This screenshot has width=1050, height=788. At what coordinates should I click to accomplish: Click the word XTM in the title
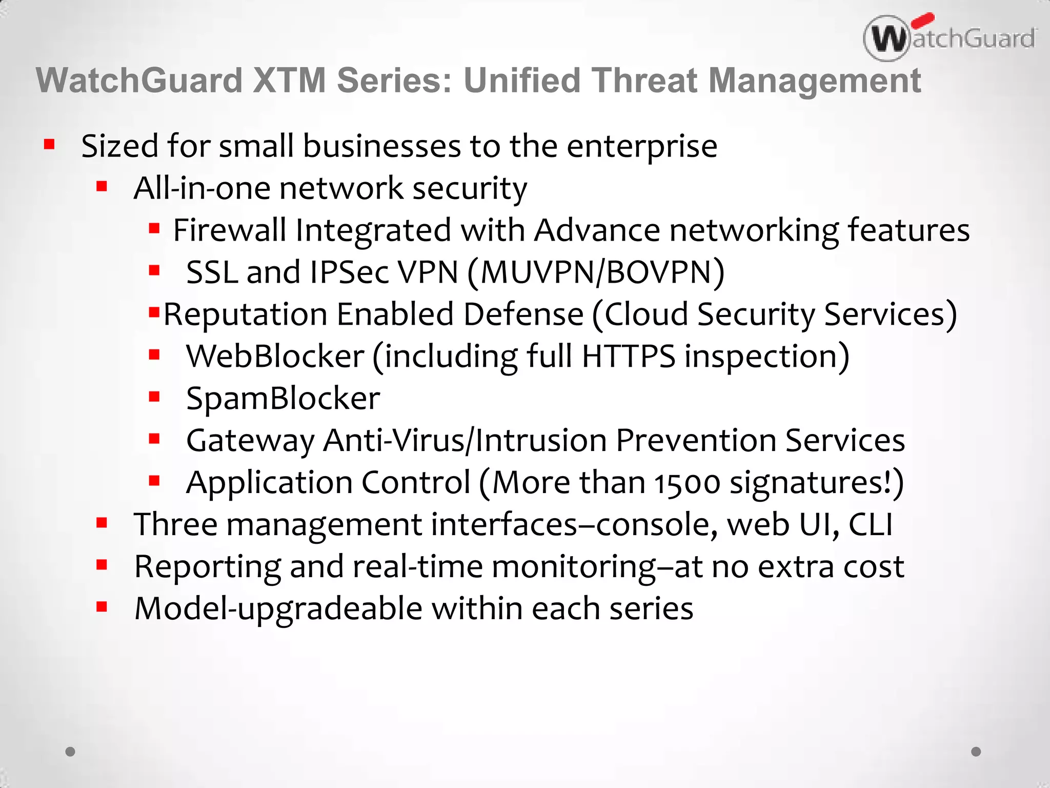pyautogui.click(x=290, y=81)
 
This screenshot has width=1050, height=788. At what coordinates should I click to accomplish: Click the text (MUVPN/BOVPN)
pyautogui.click(x=596, y=272)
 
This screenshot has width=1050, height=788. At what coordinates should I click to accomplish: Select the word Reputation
pyautogui.click(x=245, y=314)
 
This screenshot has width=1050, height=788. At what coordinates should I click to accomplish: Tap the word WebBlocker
pyautogui.click(x=275, y=357)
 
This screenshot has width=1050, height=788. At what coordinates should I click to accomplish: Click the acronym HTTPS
pyautogui.click(x=629, y=357)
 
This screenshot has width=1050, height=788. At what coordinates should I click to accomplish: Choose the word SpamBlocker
pyautogui.click(x=283, y=399)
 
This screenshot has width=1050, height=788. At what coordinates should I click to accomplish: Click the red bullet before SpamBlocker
pyautogui.click(x=154, y=397)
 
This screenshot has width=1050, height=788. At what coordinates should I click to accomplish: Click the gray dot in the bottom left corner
pyautogui.click(x=71, y=752)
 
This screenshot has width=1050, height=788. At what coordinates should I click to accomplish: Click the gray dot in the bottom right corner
pyautogui.click(x=976, y=752)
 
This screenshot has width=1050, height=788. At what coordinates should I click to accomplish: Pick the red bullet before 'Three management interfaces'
pyautogui.click(x=102, y=523)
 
